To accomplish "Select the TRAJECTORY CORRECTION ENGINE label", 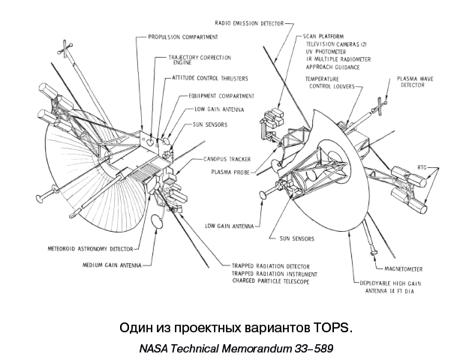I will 199,60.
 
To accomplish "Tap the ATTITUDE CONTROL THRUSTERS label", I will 209,78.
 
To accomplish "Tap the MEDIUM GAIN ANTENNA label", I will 111,265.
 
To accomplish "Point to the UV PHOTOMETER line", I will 326,52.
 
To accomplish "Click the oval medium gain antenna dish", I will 158,222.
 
